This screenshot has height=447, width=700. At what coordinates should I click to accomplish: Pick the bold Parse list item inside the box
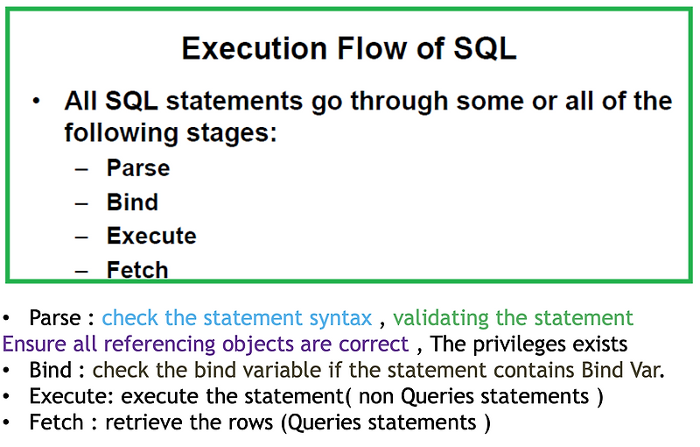tap(138, 167)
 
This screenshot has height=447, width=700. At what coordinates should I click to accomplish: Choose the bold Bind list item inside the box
tap(132, 202)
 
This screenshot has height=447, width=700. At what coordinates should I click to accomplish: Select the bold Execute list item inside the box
tap(151, 236)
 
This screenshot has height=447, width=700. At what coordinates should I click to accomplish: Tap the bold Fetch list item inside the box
tap(137, 269)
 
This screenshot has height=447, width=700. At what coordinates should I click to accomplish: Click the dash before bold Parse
tap(81, 167)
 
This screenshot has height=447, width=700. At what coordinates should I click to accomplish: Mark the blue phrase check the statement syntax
tap(236, 318)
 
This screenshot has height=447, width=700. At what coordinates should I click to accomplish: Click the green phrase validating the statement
tap(513, 318)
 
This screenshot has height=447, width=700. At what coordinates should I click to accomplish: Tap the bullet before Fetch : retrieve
tap(8, 422)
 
